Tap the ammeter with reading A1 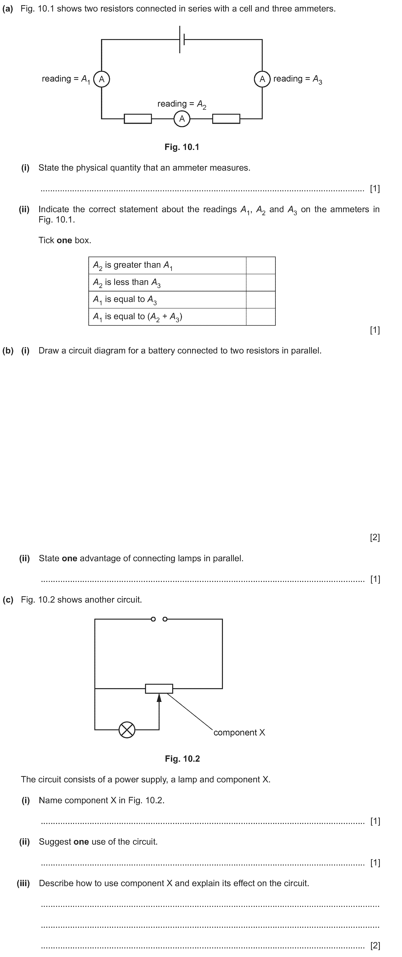101,79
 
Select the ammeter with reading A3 262,79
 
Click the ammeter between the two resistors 182,119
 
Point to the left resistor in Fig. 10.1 138,119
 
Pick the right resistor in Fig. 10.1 226,119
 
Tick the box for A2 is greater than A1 261,265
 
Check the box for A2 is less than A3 261,282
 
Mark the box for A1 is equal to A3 261,299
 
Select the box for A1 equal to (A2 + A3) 261,317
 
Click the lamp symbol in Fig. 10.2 127,730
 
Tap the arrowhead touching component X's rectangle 159,698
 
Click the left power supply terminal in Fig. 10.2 153,619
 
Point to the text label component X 239,732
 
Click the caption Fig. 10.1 182,147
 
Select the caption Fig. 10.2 182,759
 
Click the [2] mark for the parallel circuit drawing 375,537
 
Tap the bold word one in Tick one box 64,240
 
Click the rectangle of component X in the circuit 159,688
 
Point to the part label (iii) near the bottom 23,883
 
